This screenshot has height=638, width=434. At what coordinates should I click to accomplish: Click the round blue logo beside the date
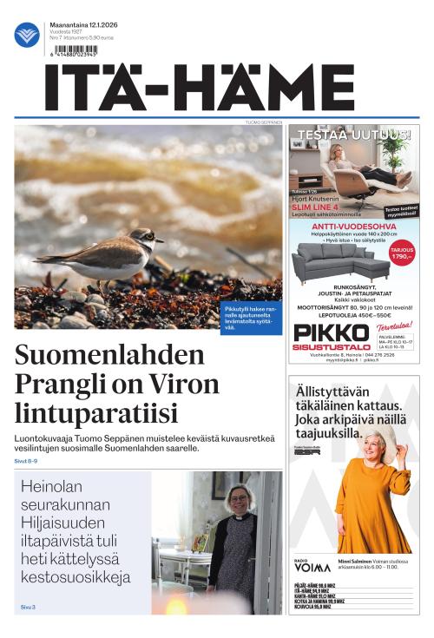[27, 35]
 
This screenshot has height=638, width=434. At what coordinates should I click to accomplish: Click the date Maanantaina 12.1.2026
[85, 25]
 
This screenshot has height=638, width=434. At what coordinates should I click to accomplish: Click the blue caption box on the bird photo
[250, 319]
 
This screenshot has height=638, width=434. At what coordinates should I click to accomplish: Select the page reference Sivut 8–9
[26, 461]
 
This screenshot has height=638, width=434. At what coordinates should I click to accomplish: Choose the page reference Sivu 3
[28, 607]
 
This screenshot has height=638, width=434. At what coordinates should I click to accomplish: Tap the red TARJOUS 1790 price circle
[402, 254]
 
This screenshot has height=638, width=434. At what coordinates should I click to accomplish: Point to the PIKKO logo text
[318, 333]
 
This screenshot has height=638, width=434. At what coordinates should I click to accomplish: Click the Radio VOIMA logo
[312, 565]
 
